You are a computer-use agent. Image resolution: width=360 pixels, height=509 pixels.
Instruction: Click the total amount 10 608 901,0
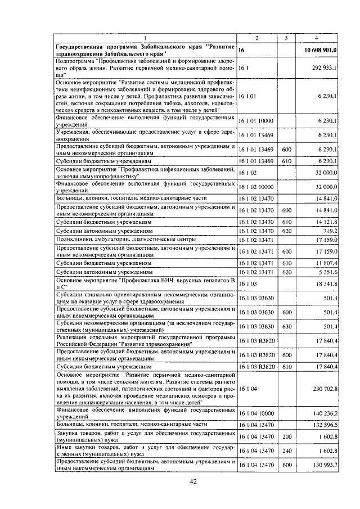click(320, 50)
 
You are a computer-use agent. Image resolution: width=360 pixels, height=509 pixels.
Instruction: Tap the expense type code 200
click(286, 436)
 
